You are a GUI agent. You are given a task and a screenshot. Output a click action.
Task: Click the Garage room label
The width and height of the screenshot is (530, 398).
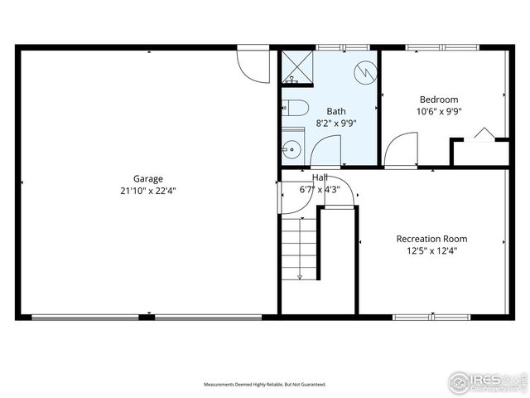point(148,178)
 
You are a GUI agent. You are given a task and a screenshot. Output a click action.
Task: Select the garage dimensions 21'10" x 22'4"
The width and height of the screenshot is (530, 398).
point(148,191)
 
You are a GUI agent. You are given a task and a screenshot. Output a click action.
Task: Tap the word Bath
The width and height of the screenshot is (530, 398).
point(335,111)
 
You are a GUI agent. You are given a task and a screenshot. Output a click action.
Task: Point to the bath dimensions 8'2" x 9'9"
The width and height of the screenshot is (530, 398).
point(335,123)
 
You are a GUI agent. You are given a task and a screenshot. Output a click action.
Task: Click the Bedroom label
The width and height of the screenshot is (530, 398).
point(438,99)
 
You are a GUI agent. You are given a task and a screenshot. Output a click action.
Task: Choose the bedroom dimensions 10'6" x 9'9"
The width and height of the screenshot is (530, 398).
point(438,111)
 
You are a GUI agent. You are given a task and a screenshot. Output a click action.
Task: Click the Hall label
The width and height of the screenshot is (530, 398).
point(320,178)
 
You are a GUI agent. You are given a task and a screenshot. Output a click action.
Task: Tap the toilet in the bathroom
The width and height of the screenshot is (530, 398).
point(294,108)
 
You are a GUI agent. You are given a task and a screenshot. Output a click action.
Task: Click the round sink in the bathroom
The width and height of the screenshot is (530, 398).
point(291,150)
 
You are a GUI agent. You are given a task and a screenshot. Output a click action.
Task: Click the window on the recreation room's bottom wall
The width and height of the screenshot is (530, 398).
point(431,316)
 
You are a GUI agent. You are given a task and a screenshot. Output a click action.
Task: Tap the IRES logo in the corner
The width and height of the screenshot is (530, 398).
point(486,381)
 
